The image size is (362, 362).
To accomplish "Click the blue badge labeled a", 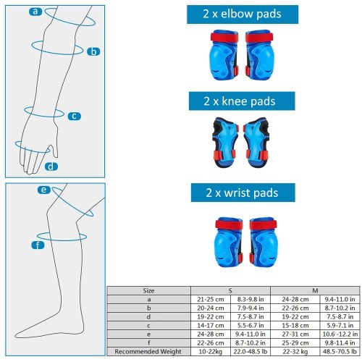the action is [x=35, y=12].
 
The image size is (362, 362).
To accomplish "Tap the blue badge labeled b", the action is [x=93, y=51].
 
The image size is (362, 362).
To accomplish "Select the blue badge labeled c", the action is [x=75, y=116].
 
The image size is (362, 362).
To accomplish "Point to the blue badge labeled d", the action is [x=51, y=167].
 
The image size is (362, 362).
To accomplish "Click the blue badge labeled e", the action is [x=44, y=190].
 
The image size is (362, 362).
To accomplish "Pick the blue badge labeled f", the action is [x=38, y=245].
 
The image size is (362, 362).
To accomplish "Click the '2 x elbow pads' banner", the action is [x=243, y=14].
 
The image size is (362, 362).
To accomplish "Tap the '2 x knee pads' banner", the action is [x=242, y=101].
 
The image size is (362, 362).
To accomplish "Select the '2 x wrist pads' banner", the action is [x=243, y=193].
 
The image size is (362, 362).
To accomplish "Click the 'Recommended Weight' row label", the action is [x=148, y=351].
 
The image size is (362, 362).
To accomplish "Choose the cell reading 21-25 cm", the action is [x=211, y=300].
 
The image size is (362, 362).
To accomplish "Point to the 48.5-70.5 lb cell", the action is [x=340, y=351].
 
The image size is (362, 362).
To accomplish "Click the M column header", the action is [x=315, y=290].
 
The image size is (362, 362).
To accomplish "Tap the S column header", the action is [x=230, y=290].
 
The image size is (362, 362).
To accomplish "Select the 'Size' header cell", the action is [x=148, y=290].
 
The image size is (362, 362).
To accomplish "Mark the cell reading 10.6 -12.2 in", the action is [x=340, y=334].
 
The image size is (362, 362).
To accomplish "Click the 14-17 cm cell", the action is [x=211, y=326].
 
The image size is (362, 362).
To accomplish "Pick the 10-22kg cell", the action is [x=211, y=351].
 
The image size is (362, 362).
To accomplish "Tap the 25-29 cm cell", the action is [x=295, y=343].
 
